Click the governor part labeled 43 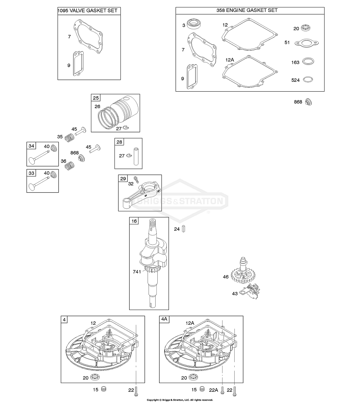point(251,291)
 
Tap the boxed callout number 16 point(134,221)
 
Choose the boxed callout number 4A point(164,319)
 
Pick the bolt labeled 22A point(222,390)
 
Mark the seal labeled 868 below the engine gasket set point(308,102)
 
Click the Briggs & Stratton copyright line point(179,400)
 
